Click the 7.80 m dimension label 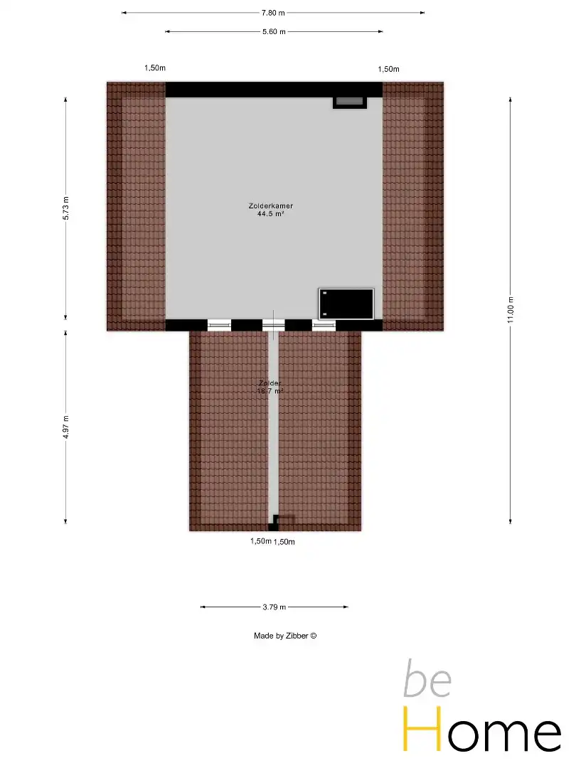273,13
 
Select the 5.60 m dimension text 274,32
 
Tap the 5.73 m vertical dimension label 66,208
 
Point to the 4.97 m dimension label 66,427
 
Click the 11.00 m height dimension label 511,310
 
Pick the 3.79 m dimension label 274,607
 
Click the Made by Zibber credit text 284,636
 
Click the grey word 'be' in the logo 427,680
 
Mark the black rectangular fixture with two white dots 346,304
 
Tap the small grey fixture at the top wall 349,102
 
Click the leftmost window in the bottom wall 219,325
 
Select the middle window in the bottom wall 273,325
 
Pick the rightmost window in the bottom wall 324,325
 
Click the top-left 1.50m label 155,68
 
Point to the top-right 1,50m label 388,69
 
